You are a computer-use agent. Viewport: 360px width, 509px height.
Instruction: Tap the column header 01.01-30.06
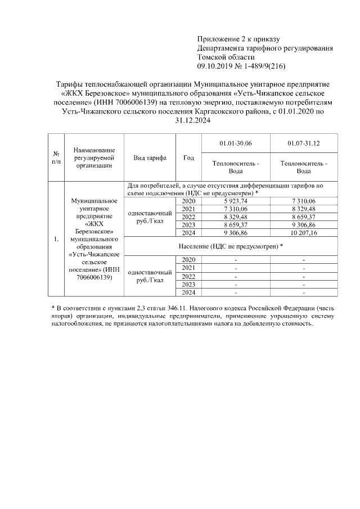click(x=236, y=143)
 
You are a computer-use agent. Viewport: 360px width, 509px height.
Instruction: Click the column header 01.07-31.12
click(x=304, y=143)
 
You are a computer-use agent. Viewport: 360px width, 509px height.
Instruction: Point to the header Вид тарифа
click(x=150, y=158)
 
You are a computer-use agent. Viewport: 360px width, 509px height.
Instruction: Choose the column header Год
click(x=188, y=158)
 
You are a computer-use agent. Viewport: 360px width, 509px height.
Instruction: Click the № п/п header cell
click(x=56, y=158)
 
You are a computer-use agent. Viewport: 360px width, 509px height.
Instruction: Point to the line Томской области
click(x=226, y=57)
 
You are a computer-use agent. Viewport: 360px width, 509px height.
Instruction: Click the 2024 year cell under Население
click(x=188, y=292)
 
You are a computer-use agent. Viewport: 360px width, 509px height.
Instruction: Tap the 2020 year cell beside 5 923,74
click(x=188, y=201)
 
